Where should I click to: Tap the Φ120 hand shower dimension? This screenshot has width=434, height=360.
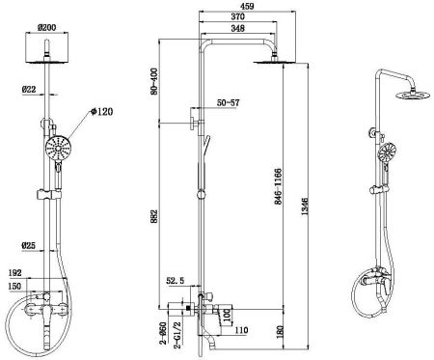coord(101,113)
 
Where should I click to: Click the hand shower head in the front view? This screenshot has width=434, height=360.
coord(57,150)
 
